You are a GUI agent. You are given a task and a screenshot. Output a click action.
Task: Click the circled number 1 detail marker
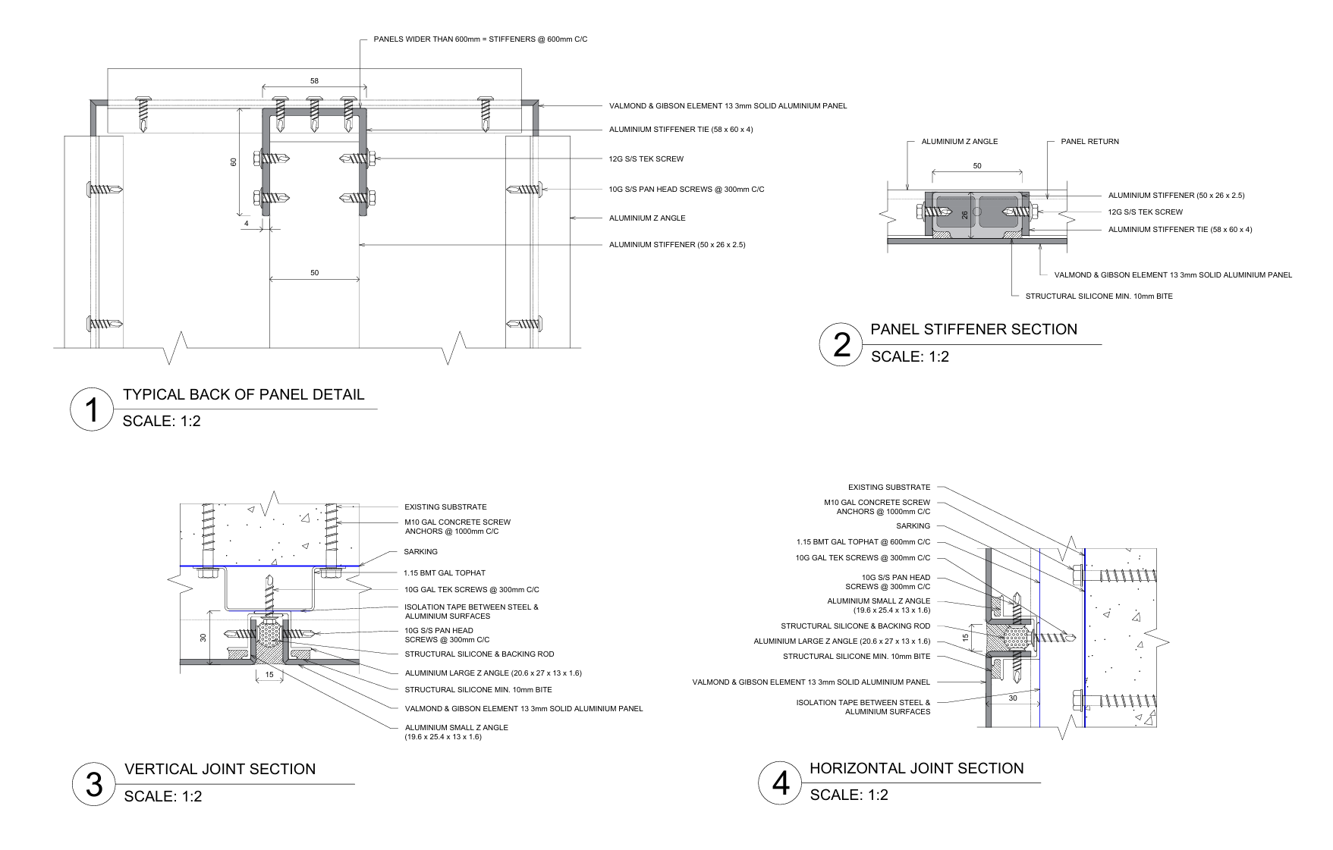(x=92, y=409)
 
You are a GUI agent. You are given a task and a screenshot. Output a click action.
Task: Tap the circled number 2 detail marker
(x=841, y=344)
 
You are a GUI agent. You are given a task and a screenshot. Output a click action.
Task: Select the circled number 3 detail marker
(x=93, y=784)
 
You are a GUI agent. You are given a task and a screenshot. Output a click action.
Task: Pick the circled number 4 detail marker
(x=780, y=783)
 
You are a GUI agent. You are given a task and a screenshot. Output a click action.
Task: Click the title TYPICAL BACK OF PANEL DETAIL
(x=244, y=394)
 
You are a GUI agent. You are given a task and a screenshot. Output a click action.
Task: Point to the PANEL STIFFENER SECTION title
(x=973, y=329)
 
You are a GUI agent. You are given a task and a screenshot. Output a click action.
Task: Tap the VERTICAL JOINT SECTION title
(x=220, y=769)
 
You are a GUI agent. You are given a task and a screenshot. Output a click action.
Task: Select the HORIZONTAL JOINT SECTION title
(x=916, y=768)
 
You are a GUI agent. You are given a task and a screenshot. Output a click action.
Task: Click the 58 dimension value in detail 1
(x=314, y=81)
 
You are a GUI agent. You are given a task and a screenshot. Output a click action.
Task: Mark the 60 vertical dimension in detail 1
(x=234, y=162)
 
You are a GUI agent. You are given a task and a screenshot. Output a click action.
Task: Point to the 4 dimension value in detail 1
(x=246, y=224)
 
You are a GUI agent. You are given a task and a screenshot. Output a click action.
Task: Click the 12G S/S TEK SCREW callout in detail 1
(x=646, y=159)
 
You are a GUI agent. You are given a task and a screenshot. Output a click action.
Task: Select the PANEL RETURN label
(x=1089, y=142)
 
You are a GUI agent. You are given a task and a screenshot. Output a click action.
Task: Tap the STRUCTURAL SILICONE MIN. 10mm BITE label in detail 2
(x=1099, y=296)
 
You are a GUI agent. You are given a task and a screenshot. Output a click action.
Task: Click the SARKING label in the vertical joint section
(x=420, y=552)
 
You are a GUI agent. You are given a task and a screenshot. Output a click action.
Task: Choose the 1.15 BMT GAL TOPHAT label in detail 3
(x=445, y=573)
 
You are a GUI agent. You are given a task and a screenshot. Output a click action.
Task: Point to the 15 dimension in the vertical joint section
(x=269, y=675)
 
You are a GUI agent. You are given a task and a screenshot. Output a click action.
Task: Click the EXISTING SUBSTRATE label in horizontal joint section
(x=889, y=488)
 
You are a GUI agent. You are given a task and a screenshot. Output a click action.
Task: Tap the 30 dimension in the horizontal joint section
(x=1013, y=698)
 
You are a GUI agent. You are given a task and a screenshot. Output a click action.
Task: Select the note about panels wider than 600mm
(x=480, y=39)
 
